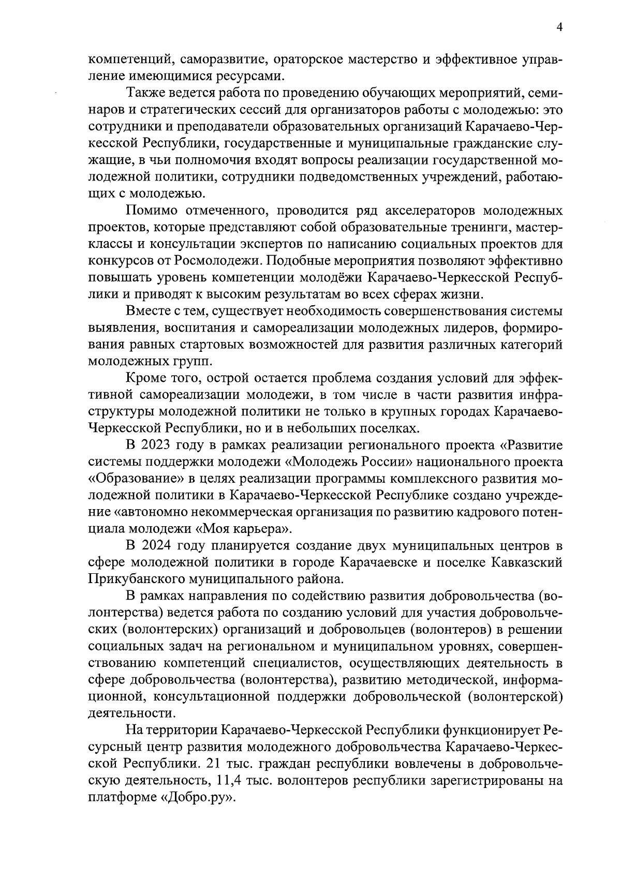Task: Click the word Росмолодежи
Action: [x=223, y=261]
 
